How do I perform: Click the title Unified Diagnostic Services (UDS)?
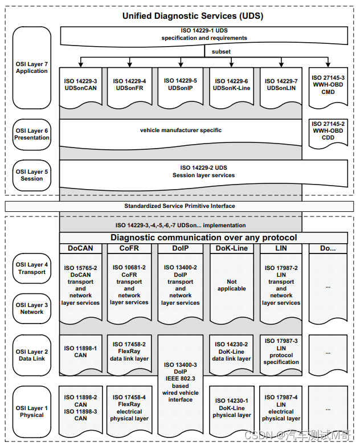(193, 16)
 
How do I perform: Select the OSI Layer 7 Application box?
(32, 68)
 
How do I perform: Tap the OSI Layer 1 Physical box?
(32, 412)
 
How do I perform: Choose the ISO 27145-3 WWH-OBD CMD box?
(328, 88)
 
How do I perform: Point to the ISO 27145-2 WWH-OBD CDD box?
(328, 133)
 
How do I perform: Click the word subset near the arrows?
(221, 52)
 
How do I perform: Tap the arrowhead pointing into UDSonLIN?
(281, 64)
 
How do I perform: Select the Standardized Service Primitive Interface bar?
(179, 206)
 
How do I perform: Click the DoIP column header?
(180, 248)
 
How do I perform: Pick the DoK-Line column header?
(231, 248)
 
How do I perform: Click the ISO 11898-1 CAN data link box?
(81, 354)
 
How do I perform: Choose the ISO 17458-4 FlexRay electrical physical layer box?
(129, 411)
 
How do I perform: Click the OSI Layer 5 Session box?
(32, 175)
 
